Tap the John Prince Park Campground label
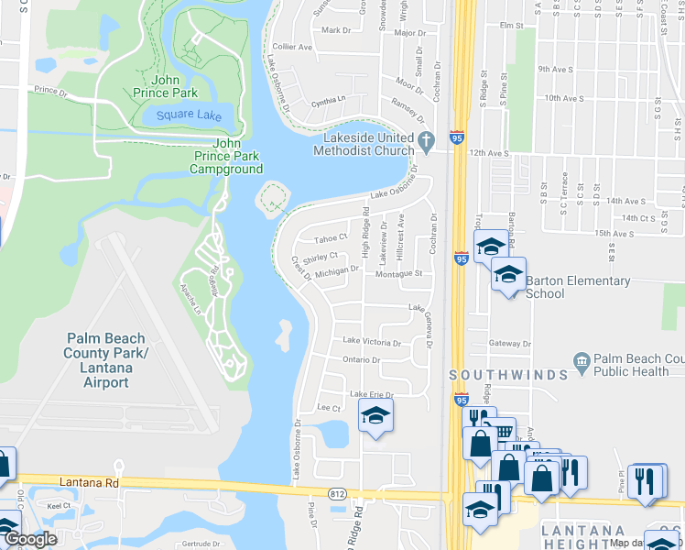(226, 156)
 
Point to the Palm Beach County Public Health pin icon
(580, 361)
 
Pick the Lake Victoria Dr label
(371, 342)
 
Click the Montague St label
(397, 273)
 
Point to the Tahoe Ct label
(331, 236)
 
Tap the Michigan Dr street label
(337, 271)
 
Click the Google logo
(29, 539)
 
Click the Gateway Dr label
(509, 344)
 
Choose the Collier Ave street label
(292, 47)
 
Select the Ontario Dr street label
(361, 359)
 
